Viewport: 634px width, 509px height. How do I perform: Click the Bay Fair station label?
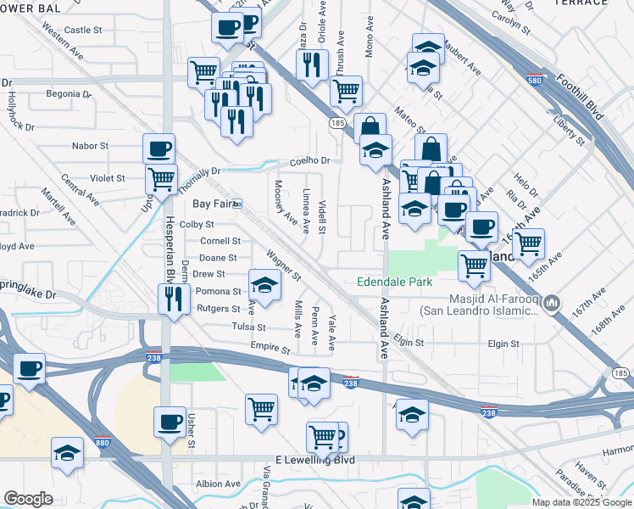212,204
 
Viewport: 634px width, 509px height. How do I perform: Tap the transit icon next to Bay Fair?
239,204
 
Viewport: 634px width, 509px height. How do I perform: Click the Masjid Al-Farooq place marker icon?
553,302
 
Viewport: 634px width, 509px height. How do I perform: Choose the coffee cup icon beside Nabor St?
158,150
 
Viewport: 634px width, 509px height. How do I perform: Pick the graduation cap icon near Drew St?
264,285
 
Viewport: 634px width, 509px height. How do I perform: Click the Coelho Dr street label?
309,161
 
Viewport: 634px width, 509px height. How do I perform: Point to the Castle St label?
83,30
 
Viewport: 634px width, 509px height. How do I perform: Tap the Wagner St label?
283,264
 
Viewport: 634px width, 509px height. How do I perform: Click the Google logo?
28,499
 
